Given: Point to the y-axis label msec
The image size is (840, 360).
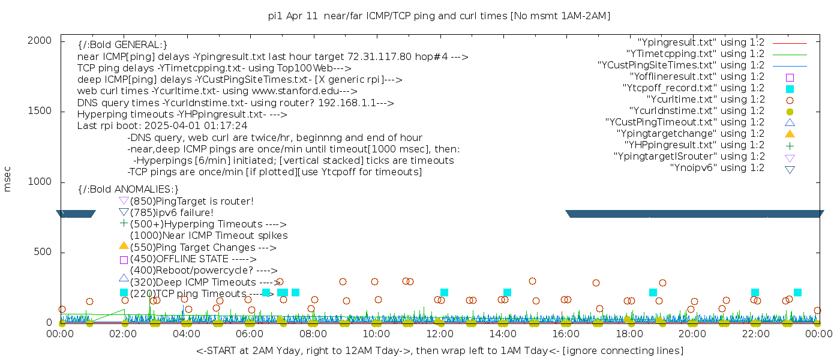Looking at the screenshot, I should (8, 181).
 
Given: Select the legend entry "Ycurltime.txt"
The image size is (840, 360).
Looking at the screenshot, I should (705, 100).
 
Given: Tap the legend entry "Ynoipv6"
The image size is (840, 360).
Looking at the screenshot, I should (717, 168).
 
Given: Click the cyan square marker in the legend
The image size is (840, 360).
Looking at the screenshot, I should (790, 89).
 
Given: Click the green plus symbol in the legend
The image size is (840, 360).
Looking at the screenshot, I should (790, 145).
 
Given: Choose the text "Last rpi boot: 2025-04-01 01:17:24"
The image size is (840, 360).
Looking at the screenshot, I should (163, 126).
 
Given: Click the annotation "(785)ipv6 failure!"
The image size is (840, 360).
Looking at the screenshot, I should (172, 213).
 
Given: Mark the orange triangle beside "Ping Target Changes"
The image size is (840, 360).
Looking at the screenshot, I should (124, 245).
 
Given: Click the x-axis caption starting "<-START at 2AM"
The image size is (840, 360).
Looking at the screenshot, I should (439, 350).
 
